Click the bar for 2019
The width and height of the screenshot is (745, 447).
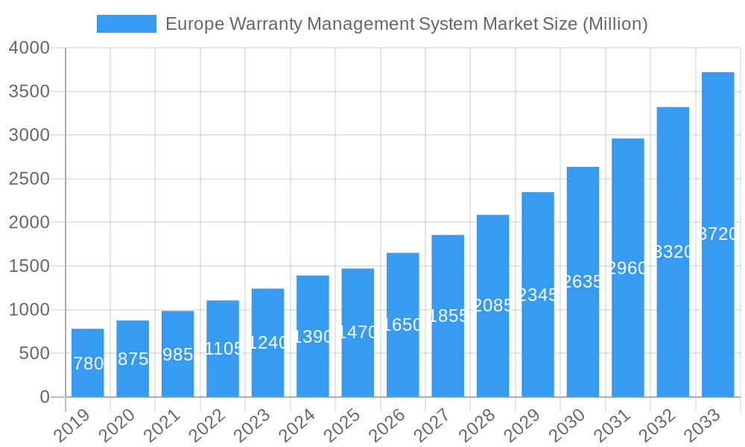(x=88, y=363)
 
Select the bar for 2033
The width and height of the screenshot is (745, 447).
(x=718, y=234)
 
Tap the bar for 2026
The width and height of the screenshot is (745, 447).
(x=403, y=325)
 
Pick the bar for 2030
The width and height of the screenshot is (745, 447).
(x=583, y=282)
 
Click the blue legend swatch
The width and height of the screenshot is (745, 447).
(x=126, y=24)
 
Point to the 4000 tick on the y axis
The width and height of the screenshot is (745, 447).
(x=29, y=48)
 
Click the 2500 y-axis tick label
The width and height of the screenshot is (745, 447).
(x=29, y=179)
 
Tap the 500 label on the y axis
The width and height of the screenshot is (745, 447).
(x=35, y=353)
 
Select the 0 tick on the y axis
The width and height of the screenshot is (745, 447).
(x=45, y=397)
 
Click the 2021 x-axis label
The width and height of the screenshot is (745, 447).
(x=162, y=427)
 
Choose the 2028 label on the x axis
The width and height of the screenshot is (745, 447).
(x=477, y=427)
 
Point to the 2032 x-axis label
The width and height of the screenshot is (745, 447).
(x=657, y=427)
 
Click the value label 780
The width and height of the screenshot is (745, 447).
(x=89, y=364)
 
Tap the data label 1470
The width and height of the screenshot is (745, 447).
(x=358, y=332)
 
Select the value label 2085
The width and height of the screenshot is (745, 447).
(x=493, y=305)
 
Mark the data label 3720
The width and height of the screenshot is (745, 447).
(x=719, y=234)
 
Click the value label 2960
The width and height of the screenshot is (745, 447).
(x=628, y=268)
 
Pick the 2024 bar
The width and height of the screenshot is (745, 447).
(x=313, y=336)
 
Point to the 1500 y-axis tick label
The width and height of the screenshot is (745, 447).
(x=29, y=266)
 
